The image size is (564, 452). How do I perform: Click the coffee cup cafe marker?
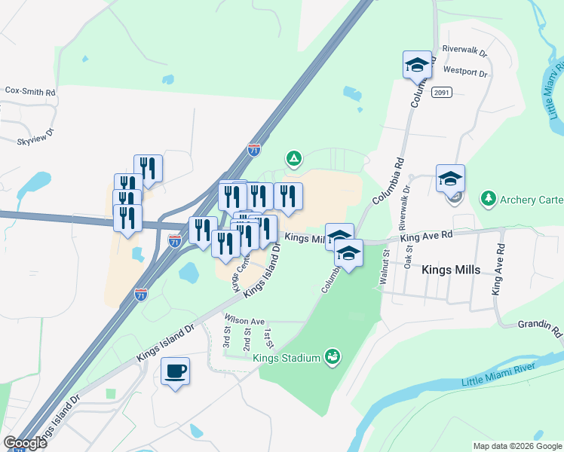(175, 372)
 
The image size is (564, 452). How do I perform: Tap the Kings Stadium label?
(287, 358)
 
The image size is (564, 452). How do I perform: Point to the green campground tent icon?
(293, 159)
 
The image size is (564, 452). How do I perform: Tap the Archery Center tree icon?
(489, 198)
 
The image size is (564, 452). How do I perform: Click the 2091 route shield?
(442, 92)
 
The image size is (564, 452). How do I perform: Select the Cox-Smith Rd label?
(31, 90)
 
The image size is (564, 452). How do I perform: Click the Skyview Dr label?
(36, 136)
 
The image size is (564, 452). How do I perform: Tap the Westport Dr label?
(466, 72)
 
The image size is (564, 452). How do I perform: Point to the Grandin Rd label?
(540, 329)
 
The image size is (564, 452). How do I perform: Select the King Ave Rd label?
(427, 236)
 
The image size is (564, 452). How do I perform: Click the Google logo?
(24, 442)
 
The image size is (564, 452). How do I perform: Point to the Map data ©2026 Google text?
(517, 446)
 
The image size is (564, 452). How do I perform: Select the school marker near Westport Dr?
(417, 66)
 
